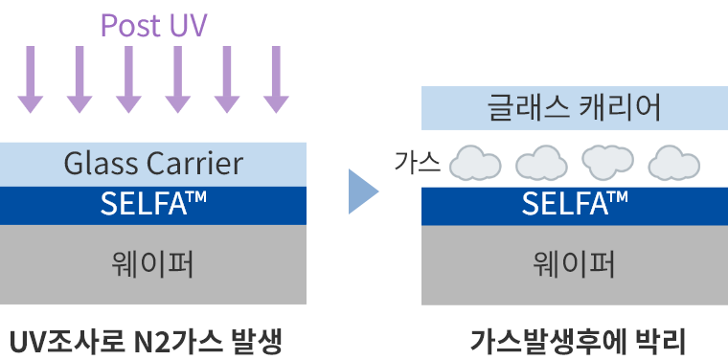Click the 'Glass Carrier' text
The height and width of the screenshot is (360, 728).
pyautogui.click(x=153, y=164)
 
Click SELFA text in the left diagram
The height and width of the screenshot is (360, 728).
pyautogui.click(x=153, y=204)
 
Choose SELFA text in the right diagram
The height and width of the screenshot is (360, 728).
pyautogui.click(x=575, y=204)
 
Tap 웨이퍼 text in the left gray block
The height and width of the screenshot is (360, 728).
pyautogui.click(x=153, y=263)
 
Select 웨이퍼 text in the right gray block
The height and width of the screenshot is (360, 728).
pyautogui.click(x=575, y=263)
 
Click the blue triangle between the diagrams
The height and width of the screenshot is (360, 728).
pyautogui.click(x=361, y=191)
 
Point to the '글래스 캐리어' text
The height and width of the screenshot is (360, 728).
pyautogui.click(x=575, y=108)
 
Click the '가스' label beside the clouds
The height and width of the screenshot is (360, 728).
pyautogui.click(x=418, y=163)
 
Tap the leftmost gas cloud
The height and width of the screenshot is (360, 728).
pyautogui.click(x=476, y=164)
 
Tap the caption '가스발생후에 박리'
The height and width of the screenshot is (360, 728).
pyautogui.click(x=579, y=340)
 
